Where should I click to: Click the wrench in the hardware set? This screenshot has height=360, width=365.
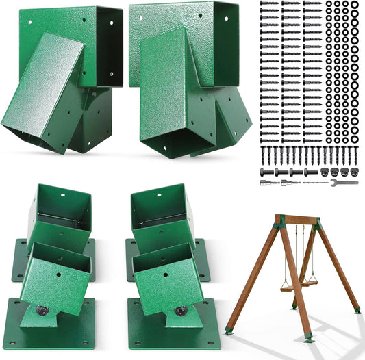coord(344,183)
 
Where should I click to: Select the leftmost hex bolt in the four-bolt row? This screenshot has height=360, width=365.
coord(265,171)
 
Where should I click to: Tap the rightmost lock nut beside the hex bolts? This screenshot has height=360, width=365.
coord(354,171)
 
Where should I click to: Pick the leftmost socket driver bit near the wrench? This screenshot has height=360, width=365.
coord(266,183)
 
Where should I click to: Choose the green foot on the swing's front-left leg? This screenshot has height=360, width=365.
coord(229,331)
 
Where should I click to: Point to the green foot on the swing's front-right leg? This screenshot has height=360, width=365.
coord(309,336)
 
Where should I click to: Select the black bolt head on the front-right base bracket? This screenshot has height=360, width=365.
coord(179,311)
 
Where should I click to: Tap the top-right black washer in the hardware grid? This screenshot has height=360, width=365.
coord(355,5)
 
